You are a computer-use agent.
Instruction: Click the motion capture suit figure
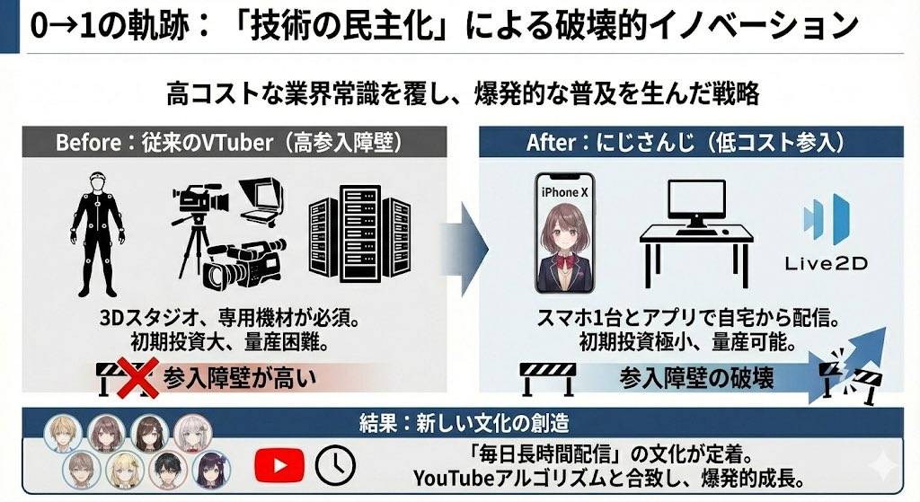click(x=96, y=233)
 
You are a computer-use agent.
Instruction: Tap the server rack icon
click(x=358, y=237)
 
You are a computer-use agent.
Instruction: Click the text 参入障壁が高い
click(x=240, y=379)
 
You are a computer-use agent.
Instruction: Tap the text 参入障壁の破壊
click(x=697, y=378)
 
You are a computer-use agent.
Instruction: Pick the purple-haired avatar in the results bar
click(x=212, y=469)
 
